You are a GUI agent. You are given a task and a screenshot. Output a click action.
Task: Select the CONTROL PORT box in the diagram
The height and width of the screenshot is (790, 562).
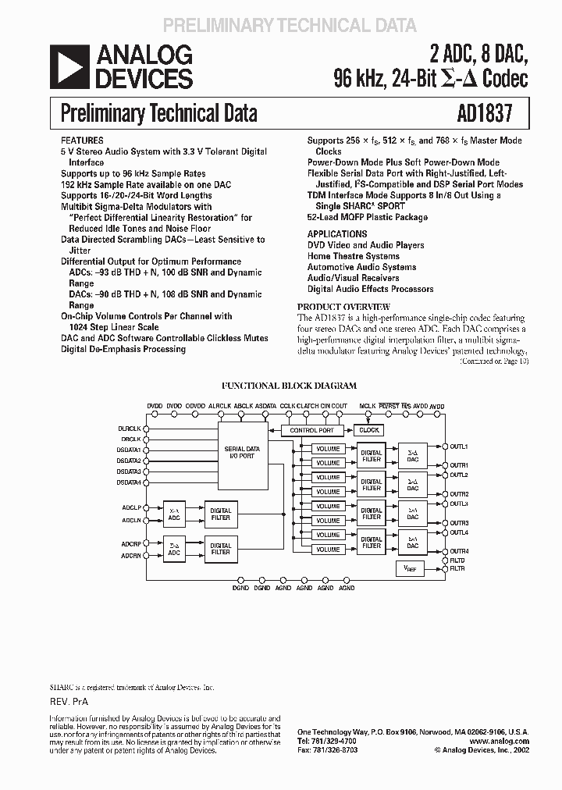[311, 430]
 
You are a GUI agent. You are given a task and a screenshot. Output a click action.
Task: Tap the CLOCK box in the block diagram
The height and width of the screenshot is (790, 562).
[368, 430]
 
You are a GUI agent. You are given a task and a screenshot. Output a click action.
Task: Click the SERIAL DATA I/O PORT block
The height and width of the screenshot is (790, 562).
[242, 453]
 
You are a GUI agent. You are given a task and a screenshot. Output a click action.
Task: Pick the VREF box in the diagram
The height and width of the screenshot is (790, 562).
[411, 570]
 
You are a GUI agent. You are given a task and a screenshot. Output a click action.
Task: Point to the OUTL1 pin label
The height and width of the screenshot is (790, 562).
[459, 447]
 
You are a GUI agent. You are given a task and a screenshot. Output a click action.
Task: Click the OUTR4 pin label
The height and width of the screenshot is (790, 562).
[459, 551]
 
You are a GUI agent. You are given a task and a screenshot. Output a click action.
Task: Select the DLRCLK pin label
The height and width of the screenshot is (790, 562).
[129, 429]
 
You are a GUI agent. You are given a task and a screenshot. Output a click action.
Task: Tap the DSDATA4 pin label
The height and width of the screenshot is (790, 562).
[129, 482]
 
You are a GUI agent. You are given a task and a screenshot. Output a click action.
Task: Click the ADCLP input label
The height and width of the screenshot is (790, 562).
[130, 507]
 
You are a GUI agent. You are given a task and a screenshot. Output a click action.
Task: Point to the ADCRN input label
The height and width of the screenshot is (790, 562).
[130, 555]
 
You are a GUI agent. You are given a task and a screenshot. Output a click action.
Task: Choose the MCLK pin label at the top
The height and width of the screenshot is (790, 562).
[367, 407]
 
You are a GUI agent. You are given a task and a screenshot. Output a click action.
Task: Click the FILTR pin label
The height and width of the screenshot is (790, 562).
[457, 568]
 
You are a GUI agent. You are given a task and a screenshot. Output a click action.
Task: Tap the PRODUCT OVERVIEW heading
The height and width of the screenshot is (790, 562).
[344, 307]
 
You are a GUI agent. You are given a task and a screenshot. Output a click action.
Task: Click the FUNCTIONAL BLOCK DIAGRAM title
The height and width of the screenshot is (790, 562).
[290, 386]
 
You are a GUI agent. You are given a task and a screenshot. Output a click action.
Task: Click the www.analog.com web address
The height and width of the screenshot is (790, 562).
[500, 742]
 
